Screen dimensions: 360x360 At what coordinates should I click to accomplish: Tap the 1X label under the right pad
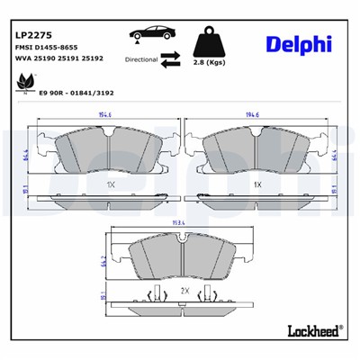tap(257, 184)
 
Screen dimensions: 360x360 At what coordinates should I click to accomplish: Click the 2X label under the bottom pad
tap(184, 291)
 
